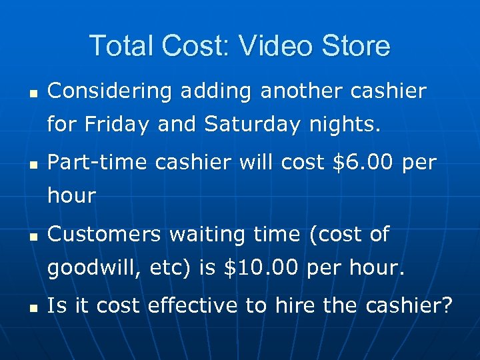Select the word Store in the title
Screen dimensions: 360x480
click(x=354, y=46)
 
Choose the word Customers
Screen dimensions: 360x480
click(x=104, y=234)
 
